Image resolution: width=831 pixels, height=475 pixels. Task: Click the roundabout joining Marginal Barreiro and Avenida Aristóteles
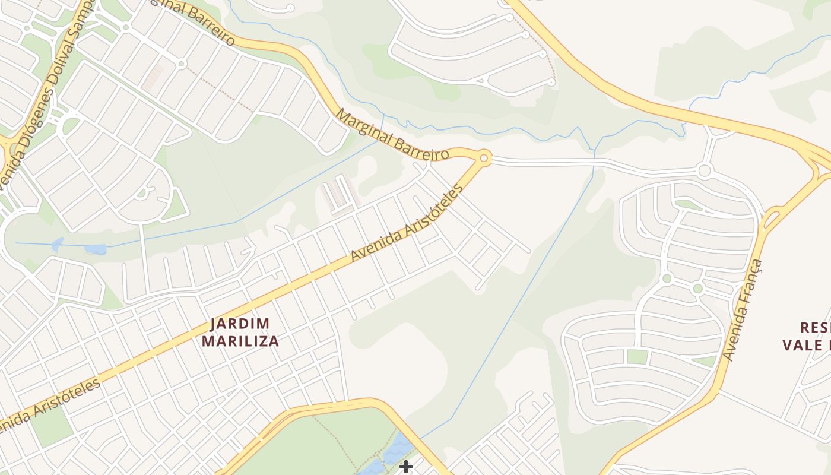point(484,158)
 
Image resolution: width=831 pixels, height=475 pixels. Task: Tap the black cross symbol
point(406,467)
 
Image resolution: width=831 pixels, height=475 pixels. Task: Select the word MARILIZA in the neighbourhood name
point(240,341)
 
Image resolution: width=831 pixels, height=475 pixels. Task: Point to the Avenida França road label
point(744,310)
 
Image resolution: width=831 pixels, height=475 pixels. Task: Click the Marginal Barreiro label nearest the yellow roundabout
point(392,135)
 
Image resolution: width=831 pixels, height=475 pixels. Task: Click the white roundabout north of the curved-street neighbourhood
point(705,172)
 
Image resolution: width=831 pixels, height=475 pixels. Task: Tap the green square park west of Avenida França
point(637,357)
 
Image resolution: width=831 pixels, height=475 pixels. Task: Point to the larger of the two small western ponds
point(95,249)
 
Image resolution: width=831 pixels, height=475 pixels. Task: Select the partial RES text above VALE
point(814,327)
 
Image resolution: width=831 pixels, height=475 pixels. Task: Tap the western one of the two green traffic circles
point(667,278)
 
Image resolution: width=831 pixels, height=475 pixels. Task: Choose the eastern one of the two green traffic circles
point(697,289)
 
